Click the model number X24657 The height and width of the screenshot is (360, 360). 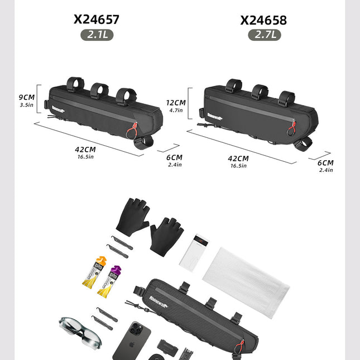(x=97, y=20)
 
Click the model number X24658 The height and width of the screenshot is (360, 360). (x=263, y=20)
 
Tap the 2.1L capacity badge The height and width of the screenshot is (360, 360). (x=97, y=34)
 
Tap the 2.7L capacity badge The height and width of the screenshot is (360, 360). (x=264, y=35)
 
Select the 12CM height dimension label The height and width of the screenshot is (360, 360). (x=176, y=103)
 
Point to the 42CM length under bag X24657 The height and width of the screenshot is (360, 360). (x=85, y=150)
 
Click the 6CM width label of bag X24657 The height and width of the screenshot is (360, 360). (x=175, y=157)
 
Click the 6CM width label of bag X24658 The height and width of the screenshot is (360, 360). (x=325, y=163)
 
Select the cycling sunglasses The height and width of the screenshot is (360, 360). (x=79, y=330)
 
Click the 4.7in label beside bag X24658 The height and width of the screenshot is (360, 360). (x=176, y=111)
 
